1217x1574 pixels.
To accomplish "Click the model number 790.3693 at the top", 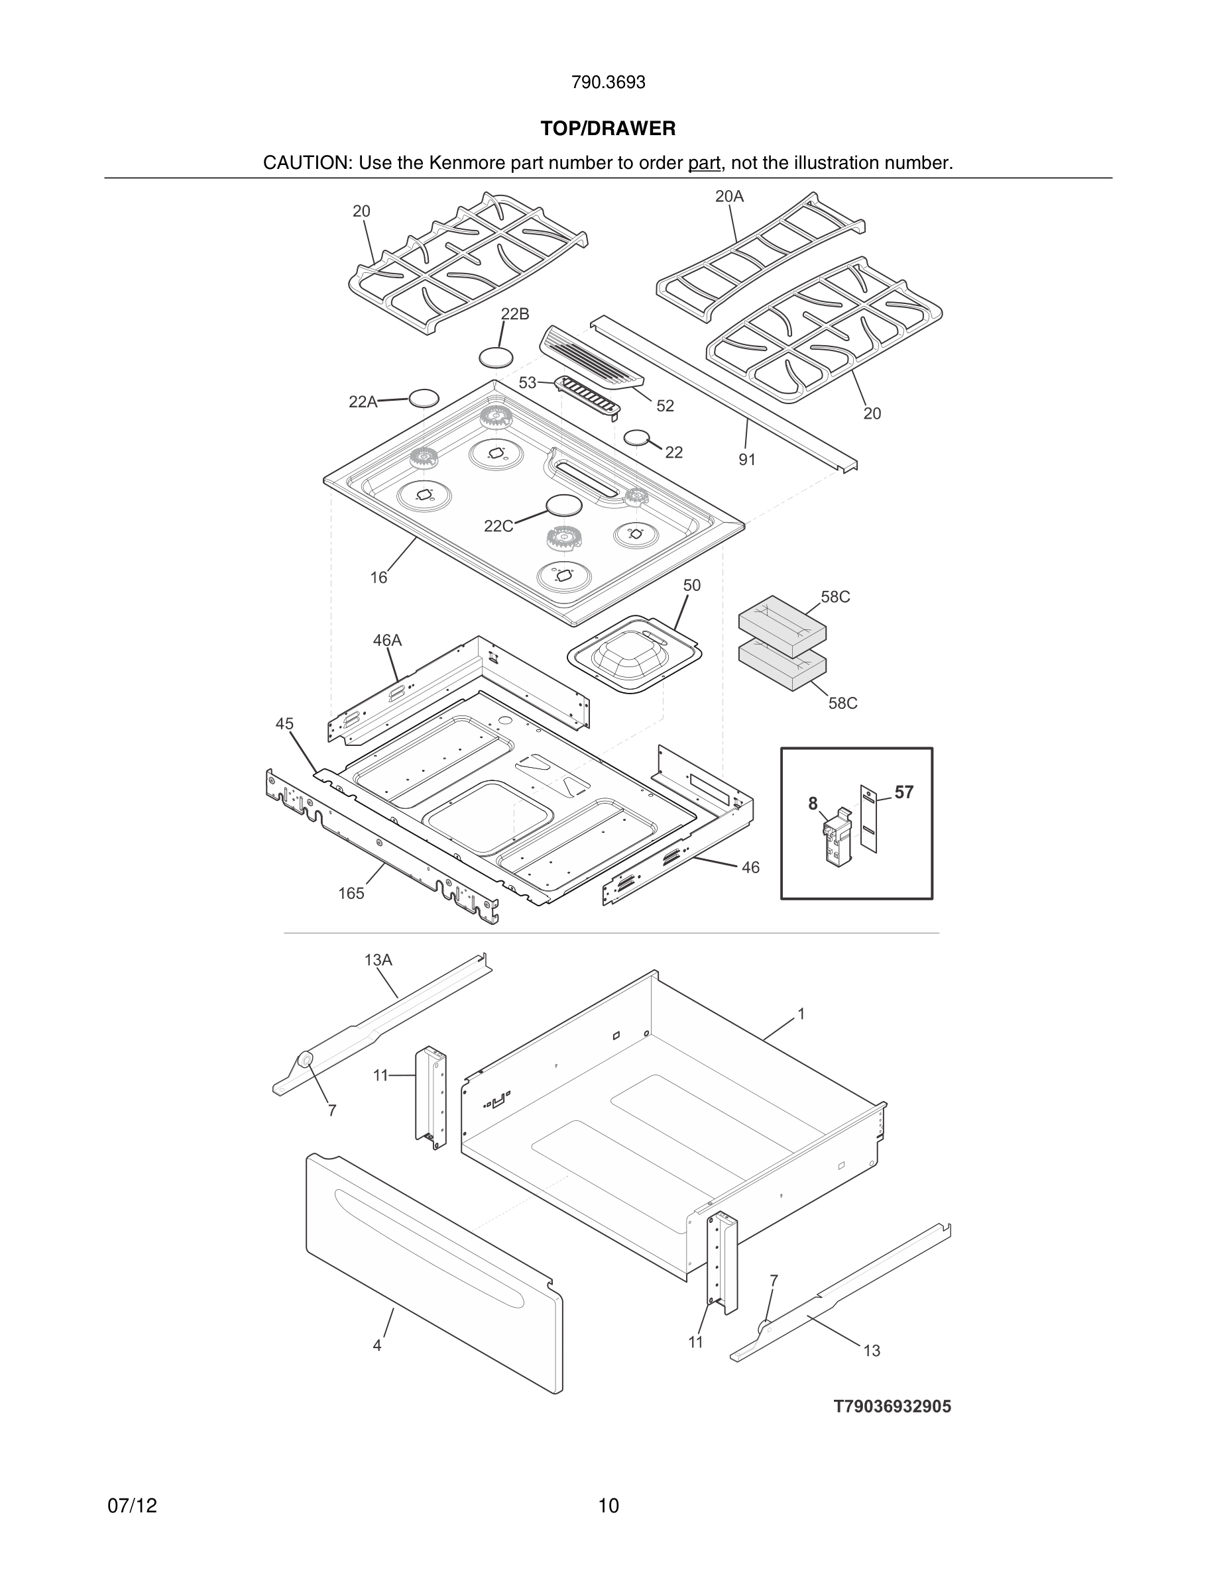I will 608,83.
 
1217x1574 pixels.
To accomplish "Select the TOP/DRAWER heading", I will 608,129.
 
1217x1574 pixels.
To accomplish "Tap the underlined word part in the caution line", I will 704,164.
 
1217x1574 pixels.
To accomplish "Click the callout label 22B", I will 515,314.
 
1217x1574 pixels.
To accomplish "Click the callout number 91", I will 747,460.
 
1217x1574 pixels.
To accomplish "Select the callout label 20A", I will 729,196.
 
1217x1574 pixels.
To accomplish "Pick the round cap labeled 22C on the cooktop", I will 564,505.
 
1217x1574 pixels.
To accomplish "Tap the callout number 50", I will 691,586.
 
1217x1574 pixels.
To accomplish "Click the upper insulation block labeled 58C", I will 782,625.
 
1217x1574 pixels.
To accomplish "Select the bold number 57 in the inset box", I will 904,793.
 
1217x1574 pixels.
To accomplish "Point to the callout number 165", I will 351,894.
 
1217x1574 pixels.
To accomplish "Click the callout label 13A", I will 378,960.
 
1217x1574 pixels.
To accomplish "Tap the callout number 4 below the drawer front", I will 377,1345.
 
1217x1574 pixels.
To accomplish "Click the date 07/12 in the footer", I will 132,1506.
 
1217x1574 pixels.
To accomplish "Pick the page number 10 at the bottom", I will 608,1506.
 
